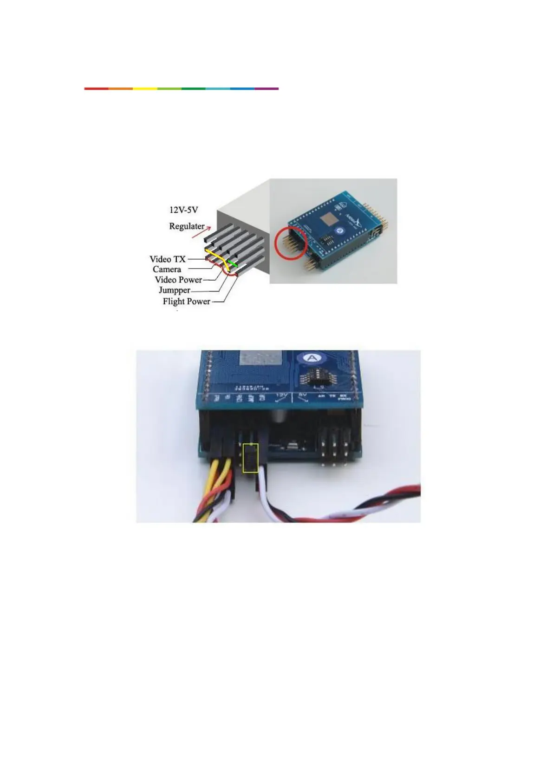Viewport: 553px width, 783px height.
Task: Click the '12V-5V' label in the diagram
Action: [x=183, y=210]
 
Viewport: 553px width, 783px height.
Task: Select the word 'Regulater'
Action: [x=187, y=226]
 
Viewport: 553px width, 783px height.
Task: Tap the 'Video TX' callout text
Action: [x=167, y=259]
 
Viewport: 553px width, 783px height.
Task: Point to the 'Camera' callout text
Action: [x=167, y=270]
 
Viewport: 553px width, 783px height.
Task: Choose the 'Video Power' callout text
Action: [x=178, y=280]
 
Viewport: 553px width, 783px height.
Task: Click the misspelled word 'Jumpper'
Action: [x=174, y=290]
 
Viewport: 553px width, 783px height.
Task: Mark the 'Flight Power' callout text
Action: [x=186, y=302]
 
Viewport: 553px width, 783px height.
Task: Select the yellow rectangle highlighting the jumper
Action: [x=251, y=458]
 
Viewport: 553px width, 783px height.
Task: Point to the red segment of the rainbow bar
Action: [x=96, y=88]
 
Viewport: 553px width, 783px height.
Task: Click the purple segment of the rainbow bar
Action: [x=267, y=88]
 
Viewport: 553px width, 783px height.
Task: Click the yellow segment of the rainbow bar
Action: [x=145, y=88]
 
